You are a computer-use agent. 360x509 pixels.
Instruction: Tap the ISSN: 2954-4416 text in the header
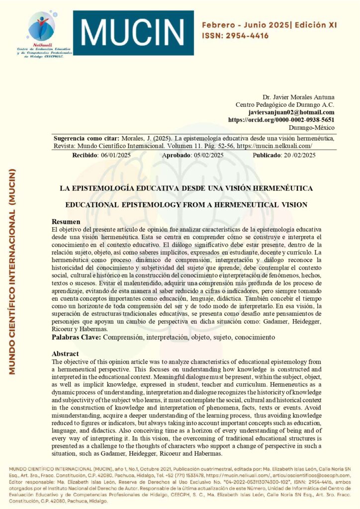(x=236, y=36)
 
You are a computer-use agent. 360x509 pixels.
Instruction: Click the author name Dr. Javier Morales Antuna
(x=298, y=96)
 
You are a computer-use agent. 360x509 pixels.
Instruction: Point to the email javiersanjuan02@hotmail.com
(x=291, y=112)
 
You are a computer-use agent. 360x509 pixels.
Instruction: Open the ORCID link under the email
(x=281, y=120)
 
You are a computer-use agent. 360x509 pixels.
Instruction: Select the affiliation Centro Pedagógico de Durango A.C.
(x=285, y=104)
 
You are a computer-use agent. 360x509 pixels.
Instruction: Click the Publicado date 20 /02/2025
(x=296, y=155)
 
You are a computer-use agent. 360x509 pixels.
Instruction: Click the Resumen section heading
(x=66, y=221)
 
